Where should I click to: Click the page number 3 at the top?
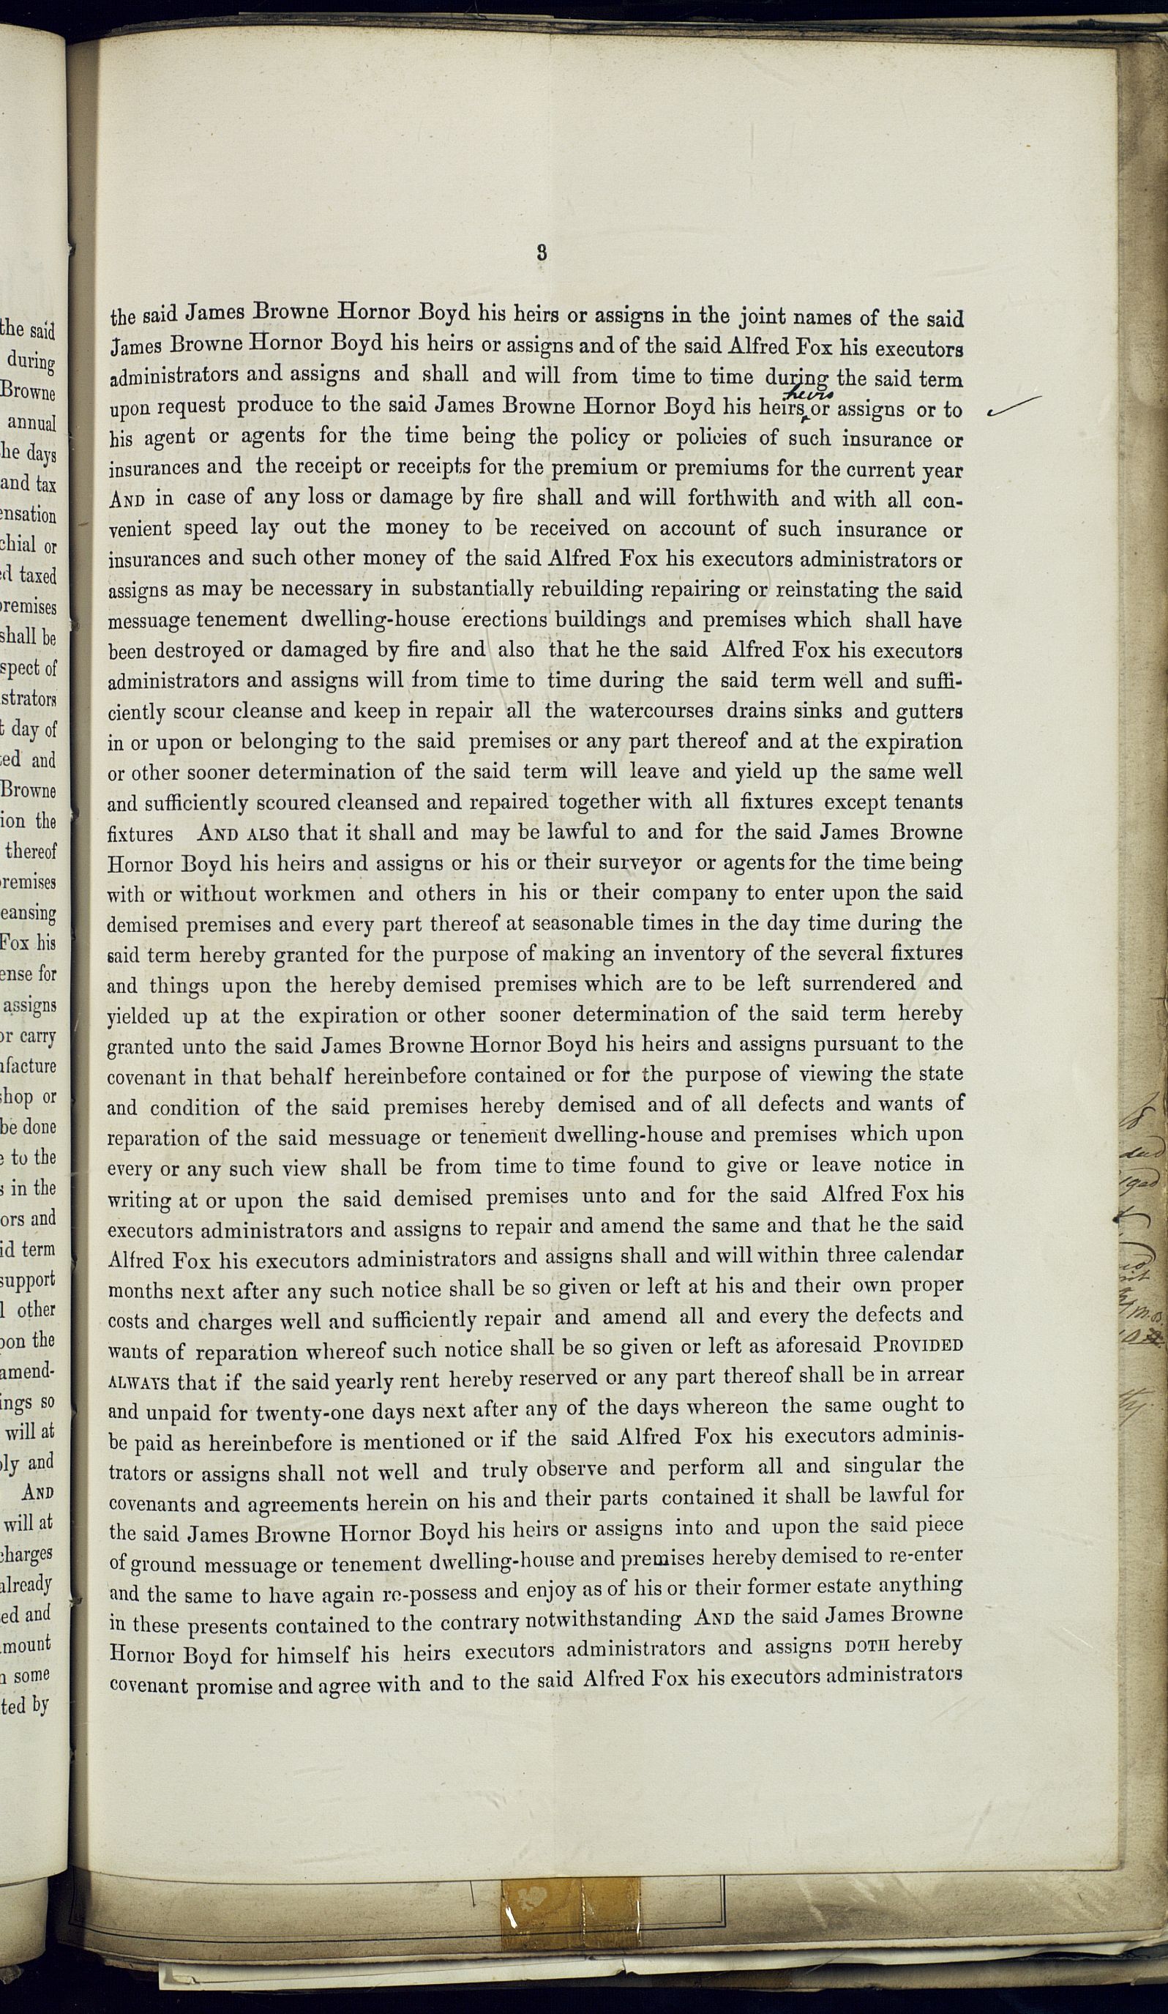(542, 253)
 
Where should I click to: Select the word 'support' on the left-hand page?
(29, 1279)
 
